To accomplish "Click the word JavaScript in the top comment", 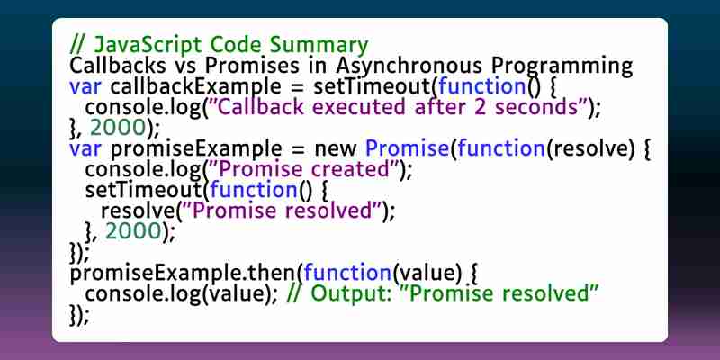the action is pos(148,45).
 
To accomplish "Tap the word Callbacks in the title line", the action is pos(118,66).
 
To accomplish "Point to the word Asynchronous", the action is pos(409,66).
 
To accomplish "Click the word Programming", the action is pos(562,67).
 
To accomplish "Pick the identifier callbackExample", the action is pos(195,86).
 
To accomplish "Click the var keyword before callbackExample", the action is pos(85,87).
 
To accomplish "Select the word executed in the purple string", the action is pos(359,107).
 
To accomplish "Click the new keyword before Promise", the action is pos(335,149).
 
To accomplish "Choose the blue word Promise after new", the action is pos(407,148).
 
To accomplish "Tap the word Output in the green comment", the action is pos(352,294).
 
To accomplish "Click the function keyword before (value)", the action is pos(347,274).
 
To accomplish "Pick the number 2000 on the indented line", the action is pos(133,232).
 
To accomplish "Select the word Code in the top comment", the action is pos(236,45).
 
